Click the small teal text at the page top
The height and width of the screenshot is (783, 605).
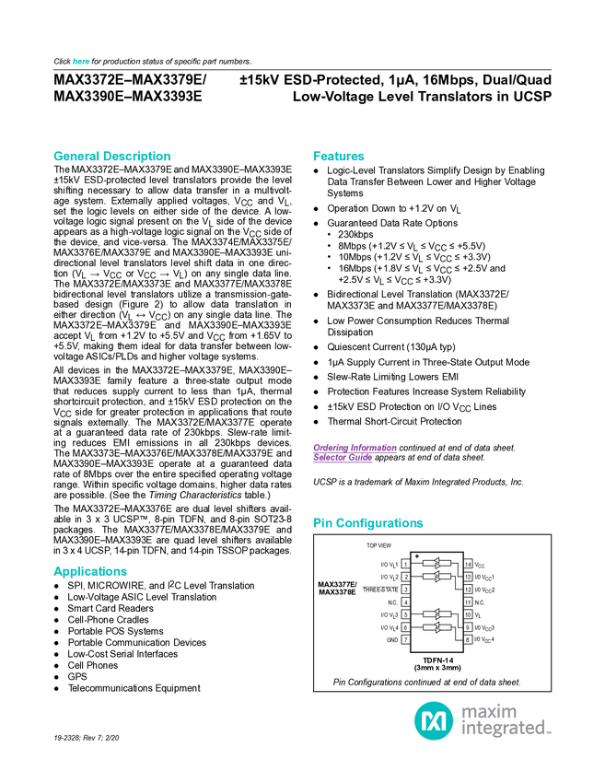pyautogui.click(x=80, y=62)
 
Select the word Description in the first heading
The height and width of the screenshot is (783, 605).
pyautogui.click(x=136, y=157)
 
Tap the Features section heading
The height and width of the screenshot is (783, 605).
pyautogui.click(x=339, y=157)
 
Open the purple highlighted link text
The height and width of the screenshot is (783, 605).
pyautogui.click(x=354, y=450)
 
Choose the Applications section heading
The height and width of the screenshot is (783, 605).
pyautogui.click(x=89, y=572)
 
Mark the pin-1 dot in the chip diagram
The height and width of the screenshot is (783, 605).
pyautogui.click(x=416, y=556)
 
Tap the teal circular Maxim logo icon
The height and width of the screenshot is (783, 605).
pyautogui.click(x=433, y=719)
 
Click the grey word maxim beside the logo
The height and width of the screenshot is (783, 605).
pyautogui.click(x=489, y=711)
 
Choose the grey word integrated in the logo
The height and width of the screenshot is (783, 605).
pyautogui.click(x=506, y=730)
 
